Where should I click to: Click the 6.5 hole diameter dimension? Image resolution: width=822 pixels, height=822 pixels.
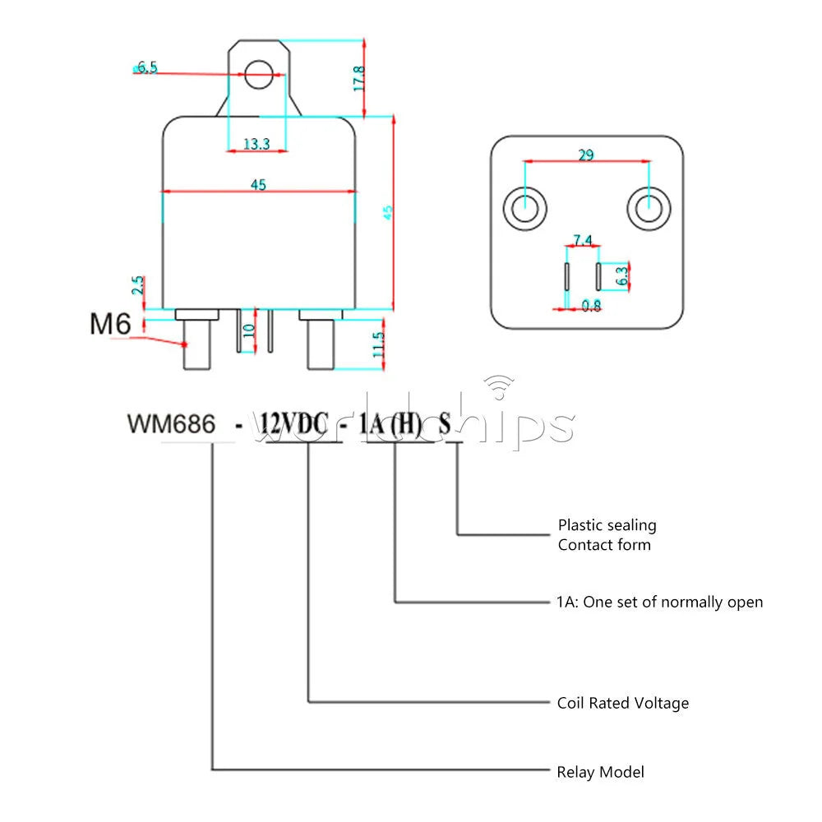147,67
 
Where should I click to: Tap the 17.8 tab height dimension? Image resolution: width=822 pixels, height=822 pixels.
358,79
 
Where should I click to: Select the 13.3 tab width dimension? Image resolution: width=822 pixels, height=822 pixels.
256,144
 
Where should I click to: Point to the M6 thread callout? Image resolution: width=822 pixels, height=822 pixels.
110,323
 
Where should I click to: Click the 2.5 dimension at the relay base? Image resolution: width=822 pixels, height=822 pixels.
137,285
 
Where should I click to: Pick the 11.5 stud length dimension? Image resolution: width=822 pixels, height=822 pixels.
378,344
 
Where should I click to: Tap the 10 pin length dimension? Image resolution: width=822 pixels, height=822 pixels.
248,330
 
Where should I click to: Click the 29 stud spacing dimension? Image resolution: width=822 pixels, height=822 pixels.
586,155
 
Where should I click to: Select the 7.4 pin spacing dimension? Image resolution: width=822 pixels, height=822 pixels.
583,240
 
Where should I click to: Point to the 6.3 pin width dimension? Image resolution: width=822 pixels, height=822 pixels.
621,275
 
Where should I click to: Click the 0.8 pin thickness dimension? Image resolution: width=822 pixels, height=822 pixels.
591,306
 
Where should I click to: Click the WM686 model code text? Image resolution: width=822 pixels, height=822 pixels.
172,423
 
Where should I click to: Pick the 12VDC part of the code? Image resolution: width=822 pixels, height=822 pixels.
294,423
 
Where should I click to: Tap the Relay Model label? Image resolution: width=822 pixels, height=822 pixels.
600,772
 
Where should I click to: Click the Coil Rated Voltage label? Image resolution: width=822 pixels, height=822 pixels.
623,703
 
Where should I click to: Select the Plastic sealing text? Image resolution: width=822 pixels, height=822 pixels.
607,525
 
